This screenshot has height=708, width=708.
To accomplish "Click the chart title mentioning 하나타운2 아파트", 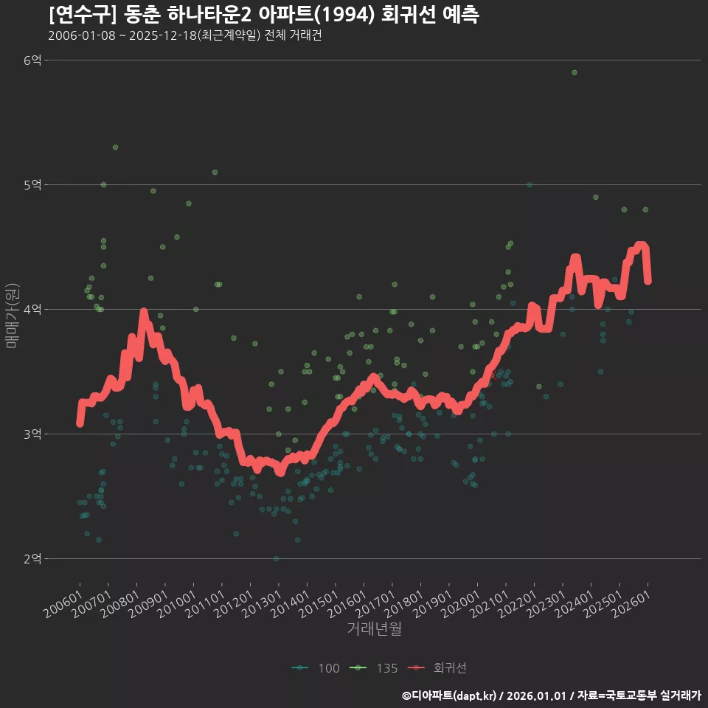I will [x=264, y=15].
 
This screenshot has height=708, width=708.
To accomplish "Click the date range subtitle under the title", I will [x=184, y=35].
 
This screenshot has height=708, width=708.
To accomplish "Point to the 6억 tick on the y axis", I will [x=32, y=60].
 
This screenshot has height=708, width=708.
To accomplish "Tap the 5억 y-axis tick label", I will [x=32, y=184].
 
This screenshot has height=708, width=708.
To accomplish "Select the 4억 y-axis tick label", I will [x=32, y=309].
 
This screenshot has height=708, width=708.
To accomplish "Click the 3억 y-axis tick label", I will [x=32, y=434].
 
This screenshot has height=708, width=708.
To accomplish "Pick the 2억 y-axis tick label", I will [x=32, y=558].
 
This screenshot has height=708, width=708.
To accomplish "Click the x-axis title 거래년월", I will [x=375, y=629].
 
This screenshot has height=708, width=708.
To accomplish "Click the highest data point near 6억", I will [x=575, y=72].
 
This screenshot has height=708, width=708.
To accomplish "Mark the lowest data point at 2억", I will [x=277, y=558].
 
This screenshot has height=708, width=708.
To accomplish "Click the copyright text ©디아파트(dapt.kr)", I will [x=450, y=695].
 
